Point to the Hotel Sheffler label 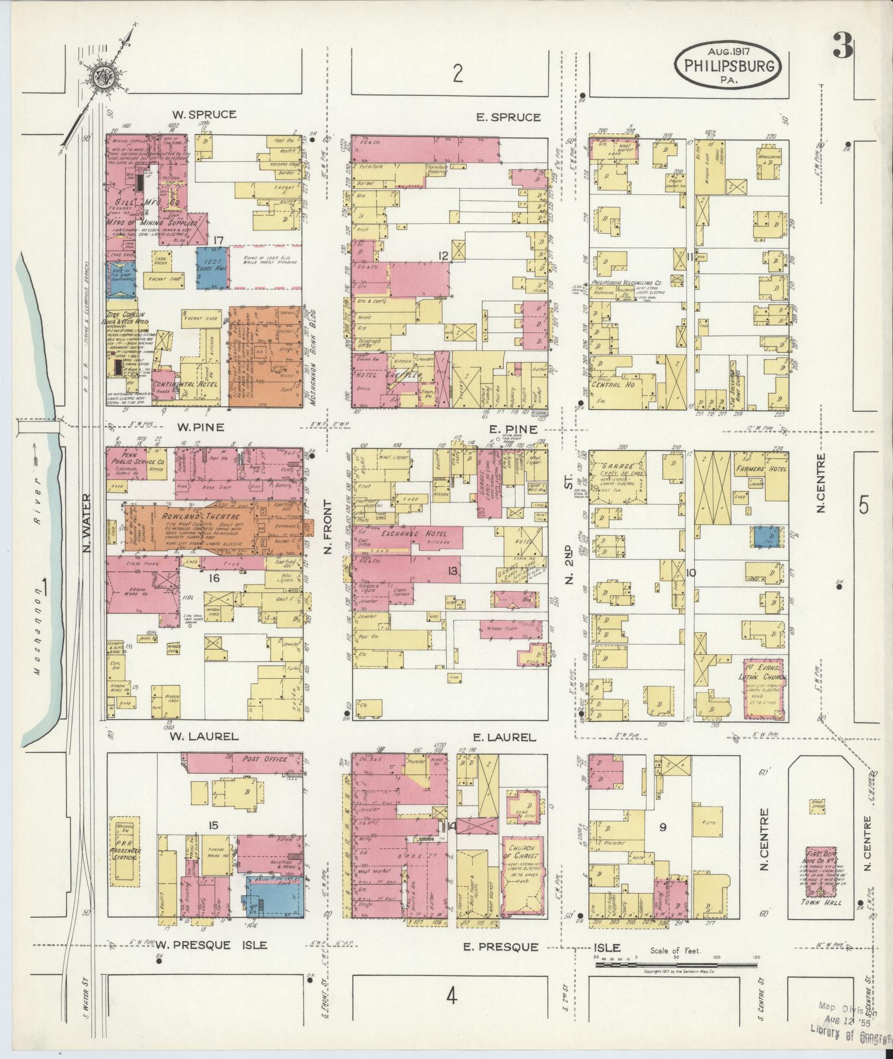pos(393,376)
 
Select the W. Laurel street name pos(204,736)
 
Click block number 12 pos(442,255)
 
